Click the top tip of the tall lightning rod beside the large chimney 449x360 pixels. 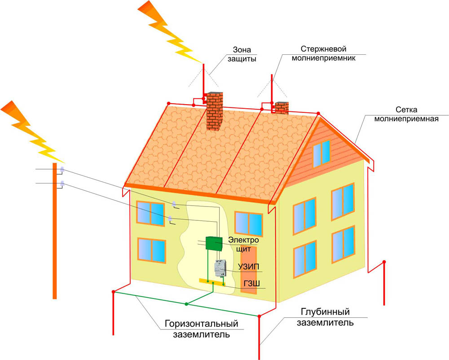pyautogui.click(x=203, y=64)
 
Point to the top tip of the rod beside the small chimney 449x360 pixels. pyautogui.click(x=272, y=75)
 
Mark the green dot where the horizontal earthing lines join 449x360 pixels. pyautogui.click(x=186, y=304)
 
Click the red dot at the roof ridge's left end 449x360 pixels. pyautogui.click(x=169, y=103)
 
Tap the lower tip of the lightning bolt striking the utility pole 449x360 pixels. pyautogui.click(x=64, y=162)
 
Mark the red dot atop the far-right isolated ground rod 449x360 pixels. pyautogui.click(x=384, y=262)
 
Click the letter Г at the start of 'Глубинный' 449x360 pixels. pyautogui.click(x=304, y=312)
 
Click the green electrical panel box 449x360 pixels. pyautogui.click(x=214, y=243)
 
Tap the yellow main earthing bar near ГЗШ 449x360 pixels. pyautogui.click(x=212, y=282)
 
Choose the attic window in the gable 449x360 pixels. pyautogui.click(x=321, y=154)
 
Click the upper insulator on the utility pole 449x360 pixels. pyautogui.click(x=62, y=169)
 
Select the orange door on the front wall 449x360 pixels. pyautogui.click(x=249, y=269)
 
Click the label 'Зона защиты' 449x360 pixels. pyautogui.click(x=242, y=54)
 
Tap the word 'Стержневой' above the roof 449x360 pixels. pyautogui.click(x=323, y=48)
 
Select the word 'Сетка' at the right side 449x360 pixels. pyautogui.click(x=406, y=110)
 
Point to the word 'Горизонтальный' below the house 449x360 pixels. pyautogui.click(x=201, y=324)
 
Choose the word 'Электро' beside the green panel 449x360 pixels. pyautogui.click(x=243, y=240)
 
